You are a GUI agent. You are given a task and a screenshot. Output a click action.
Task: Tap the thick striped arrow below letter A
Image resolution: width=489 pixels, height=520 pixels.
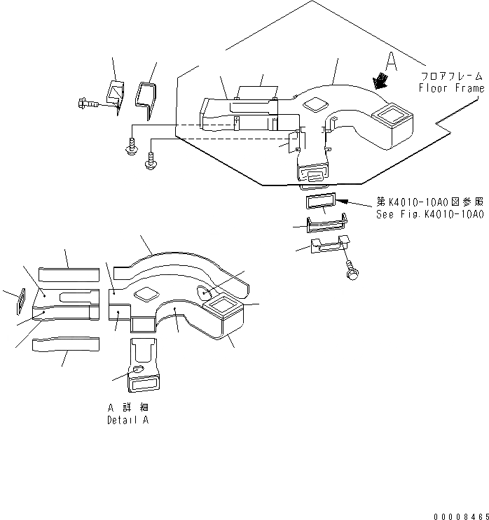(x=383, y=81)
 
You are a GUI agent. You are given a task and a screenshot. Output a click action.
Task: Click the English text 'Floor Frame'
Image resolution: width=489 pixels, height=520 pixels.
(x=450, y=88)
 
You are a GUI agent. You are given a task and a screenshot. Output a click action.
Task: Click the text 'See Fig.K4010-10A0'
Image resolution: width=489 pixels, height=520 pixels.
(x=429, y=215)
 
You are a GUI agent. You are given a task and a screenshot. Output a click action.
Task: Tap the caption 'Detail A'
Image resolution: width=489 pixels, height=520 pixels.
(x=127, y=420)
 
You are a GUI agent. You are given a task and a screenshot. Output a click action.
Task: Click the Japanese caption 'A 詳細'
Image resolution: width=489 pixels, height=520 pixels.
(x=128, y=407)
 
